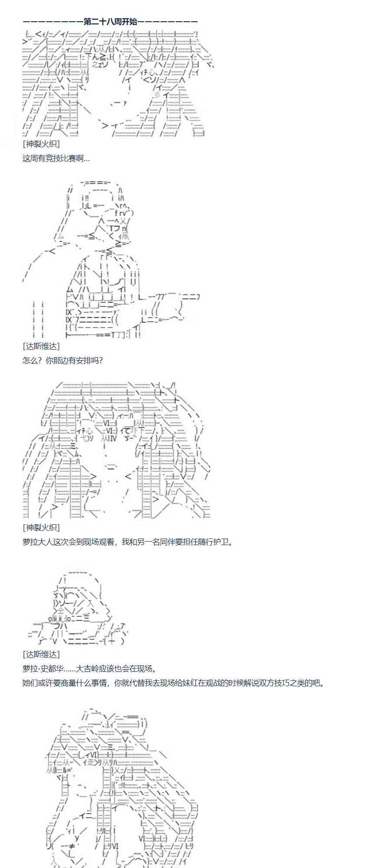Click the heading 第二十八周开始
[x=110, y=21]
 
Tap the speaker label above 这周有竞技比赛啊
[x=41, y=144]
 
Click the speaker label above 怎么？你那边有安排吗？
[x=41, y=346]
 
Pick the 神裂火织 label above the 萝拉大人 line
[x=41, y=527]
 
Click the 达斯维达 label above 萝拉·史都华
[x=41, y=654]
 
